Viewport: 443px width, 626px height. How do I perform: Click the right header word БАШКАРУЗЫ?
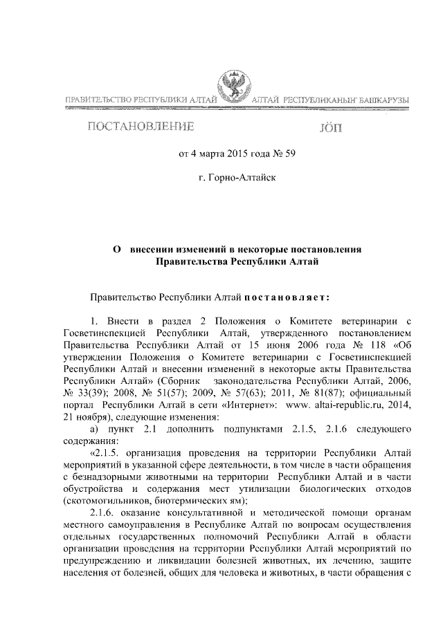click(x=381, y=102)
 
